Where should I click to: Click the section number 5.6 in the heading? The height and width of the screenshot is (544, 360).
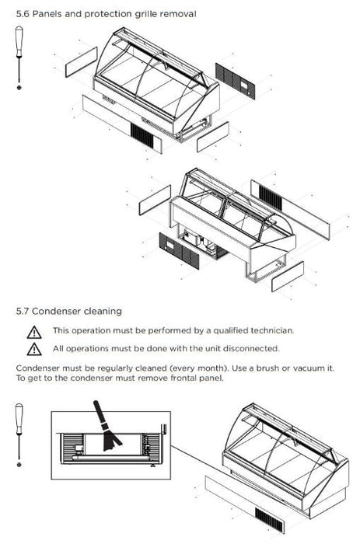23,14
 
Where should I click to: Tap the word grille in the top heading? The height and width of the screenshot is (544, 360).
144,15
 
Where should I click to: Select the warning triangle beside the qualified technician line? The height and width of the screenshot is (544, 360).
34,332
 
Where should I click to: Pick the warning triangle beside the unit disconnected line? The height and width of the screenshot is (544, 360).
34,350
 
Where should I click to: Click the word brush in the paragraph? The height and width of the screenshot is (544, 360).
267,368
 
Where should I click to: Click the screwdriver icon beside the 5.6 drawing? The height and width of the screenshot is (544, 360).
19,58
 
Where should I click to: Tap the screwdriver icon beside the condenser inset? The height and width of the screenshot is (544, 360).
19,434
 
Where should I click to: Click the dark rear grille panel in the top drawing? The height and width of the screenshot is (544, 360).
235,81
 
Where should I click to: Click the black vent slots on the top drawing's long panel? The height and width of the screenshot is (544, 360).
142,135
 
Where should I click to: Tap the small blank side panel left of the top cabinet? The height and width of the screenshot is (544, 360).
82,62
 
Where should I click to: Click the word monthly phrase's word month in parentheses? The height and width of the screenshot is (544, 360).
209,368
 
